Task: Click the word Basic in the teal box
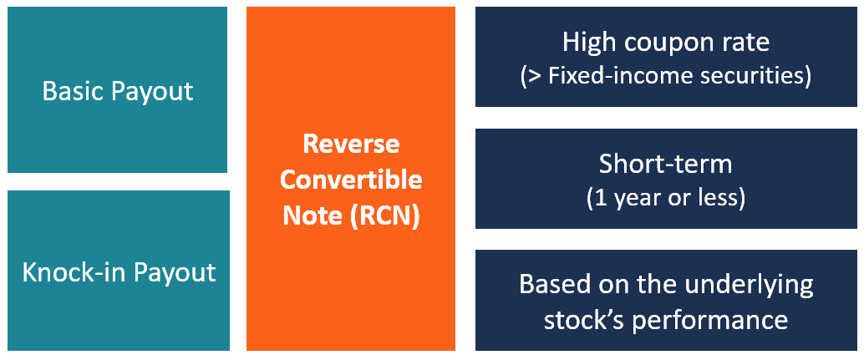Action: (x=69, y=90)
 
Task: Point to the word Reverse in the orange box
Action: (x=351, y=144)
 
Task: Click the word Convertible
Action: (x=351, y=180)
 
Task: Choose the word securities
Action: (x=757, y=76)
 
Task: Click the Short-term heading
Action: (x=665, y=164)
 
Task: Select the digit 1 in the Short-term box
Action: (x=597, y=199)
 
